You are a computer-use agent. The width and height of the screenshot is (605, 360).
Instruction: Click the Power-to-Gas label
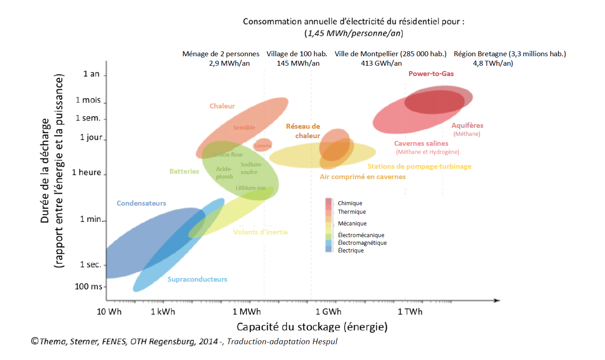tap(431, 74)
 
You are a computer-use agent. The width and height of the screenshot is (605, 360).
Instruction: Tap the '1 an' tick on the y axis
tap(91, 74)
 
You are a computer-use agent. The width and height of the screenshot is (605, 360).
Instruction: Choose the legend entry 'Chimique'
tap(350, 203)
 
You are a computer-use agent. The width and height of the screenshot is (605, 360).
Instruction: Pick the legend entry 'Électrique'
tap(350, 251)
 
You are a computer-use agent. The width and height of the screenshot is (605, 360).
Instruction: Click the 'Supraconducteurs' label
tap(197, 279)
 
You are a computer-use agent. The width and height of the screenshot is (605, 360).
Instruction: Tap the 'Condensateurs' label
tap(141, 203)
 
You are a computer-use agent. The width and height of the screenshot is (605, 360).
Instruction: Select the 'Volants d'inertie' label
tap(260, 232)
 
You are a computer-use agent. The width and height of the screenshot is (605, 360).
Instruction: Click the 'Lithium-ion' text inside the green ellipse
tap(250, 188)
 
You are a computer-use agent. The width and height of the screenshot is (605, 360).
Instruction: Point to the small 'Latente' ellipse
tap(263, 145)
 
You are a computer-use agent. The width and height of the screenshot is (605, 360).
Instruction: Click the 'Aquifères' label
tap(467, 126)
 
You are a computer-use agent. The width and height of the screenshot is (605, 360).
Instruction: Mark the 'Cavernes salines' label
tap(421, 144)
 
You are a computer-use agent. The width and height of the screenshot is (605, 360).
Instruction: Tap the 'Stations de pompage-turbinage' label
tap(419, 166)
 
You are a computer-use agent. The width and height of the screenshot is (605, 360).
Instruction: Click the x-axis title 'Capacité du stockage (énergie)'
tap(312, 327)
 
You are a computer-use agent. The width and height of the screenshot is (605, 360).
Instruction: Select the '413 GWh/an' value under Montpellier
tap(381, 63)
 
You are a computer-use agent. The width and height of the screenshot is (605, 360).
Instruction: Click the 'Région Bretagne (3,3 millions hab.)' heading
tap(509, 54)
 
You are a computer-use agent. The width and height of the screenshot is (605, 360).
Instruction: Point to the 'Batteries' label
tap(184, 171)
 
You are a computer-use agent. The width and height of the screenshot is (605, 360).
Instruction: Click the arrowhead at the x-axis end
tap(497, 300)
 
